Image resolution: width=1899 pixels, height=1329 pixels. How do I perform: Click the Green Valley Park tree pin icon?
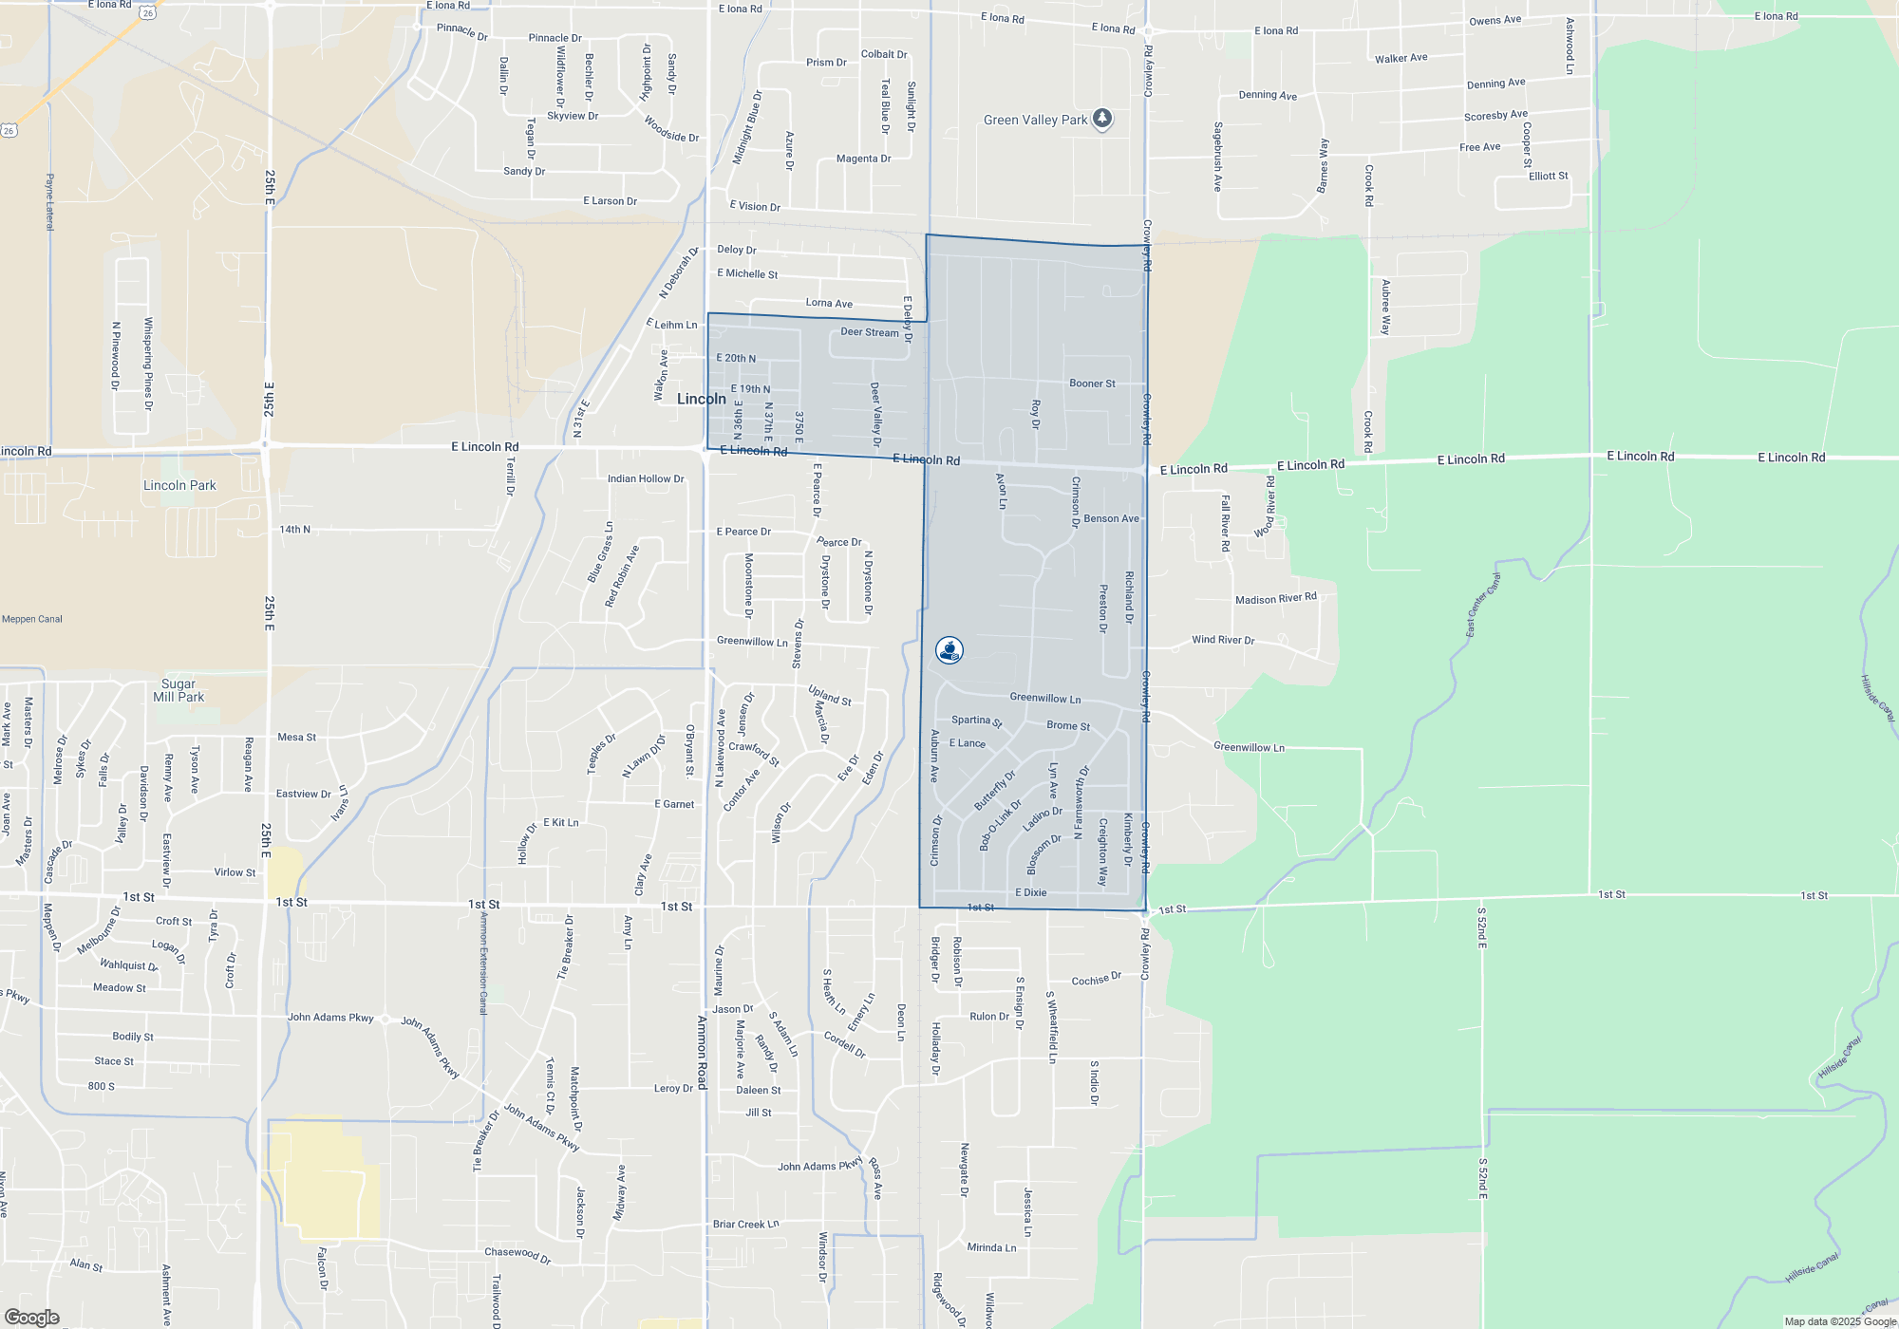click(1101, 119)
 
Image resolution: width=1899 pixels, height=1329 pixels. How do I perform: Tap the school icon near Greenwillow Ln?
click(949, 650)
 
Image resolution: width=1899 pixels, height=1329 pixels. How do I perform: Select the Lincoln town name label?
click(701, 399)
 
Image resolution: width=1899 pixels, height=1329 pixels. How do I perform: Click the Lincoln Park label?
click(179, 485)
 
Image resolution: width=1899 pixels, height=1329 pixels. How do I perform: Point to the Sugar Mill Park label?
click(179, 690)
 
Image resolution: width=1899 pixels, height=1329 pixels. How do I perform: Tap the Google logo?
click(32, 1317)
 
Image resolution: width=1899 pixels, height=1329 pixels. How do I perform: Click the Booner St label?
click(1092, 384)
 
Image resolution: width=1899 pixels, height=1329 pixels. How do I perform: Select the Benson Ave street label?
click(1111, 518)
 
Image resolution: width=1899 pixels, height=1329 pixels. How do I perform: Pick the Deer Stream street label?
click(869, 332)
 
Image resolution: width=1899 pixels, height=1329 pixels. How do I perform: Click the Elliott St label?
click(1548, 176)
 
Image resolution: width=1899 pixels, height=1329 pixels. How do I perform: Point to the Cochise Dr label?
click(1096, 980)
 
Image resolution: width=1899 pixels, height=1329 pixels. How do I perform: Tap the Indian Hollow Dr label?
click(646, 479)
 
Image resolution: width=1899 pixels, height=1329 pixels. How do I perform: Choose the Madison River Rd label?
click(1275, 599)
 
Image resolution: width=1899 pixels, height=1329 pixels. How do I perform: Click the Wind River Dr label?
click(1223, 640)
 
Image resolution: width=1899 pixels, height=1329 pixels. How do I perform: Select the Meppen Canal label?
click(32, 619)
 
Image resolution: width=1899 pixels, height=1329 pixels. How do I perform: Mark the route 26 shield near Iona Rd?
click(146, 12)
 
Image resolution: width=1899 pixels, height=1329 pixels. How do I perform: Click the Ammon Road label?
click(702, 1052)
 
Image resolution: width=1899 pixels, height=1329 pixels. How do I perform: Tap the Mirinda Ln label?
click(991, 1247)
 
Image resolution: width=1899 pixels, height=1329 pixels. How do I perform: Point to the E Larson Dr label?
click(610, 201)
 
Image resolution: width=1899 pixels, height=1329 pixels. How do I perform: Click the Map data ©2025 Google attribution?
click(1839, 1321)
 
